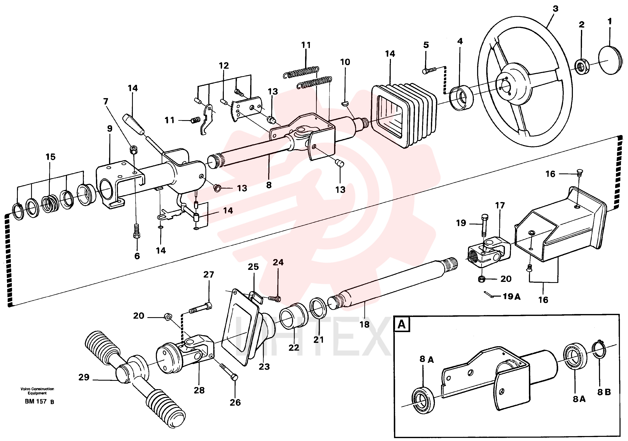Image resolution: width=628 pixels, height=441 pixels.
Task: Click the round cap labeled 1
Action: coord(610,60)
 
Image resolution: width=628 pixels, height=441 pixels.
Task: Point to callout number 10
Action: coord(345,62)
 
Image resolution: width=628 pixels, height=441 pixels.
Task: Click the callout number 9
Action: coord(110,129)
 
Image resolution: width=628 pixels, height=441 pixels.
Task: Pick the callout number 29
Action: coord(84,377)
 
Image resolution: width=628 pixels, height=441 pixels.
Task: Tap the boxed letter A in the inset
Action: coord(401,324)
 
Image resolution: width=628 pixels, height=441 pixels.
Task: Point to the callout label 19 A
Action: coord(512,296)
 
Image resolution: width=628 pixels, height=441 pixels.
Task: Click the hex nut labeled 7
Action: coord(133,150)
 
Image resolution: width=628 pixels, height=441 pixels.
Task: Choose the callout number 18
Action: coord(364,325)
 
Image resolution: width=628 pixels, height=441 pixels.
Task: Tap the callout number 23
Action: coord(264,367)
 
